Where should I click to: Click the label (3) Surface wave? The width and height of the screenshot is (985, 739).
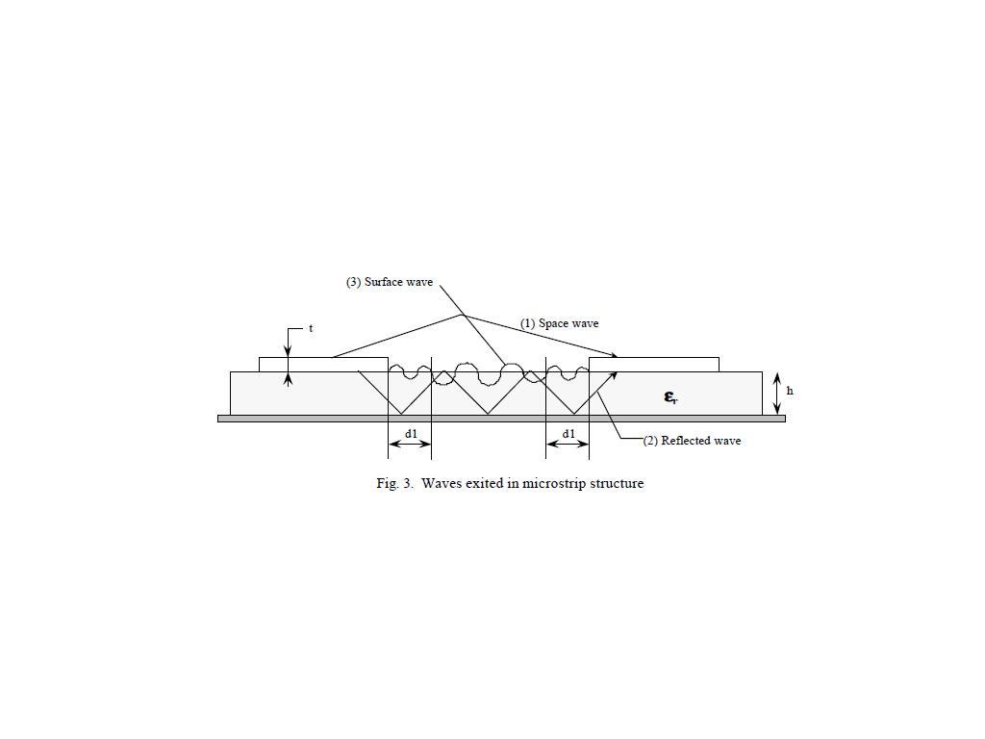tap(390, 282)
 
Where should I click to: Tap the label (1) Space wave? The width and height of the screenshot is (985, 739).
tap(559, 323)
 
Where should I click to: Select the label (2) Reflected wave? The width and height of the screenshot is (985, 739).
tap(692, 441)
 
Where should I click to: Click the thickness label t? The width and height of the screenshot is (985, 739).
tap(311, 329)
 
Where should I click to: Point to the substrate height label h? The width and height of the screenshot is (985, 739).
tap(790, 391)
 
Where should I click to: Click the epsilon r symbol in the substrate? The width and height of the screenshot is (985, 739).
tap(670, 396)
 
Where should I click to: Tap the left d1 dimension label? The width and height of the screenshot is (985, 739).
tap(411, 434)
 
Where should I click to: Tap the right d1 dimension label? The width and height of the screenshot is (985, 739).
tap(568, 434)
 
